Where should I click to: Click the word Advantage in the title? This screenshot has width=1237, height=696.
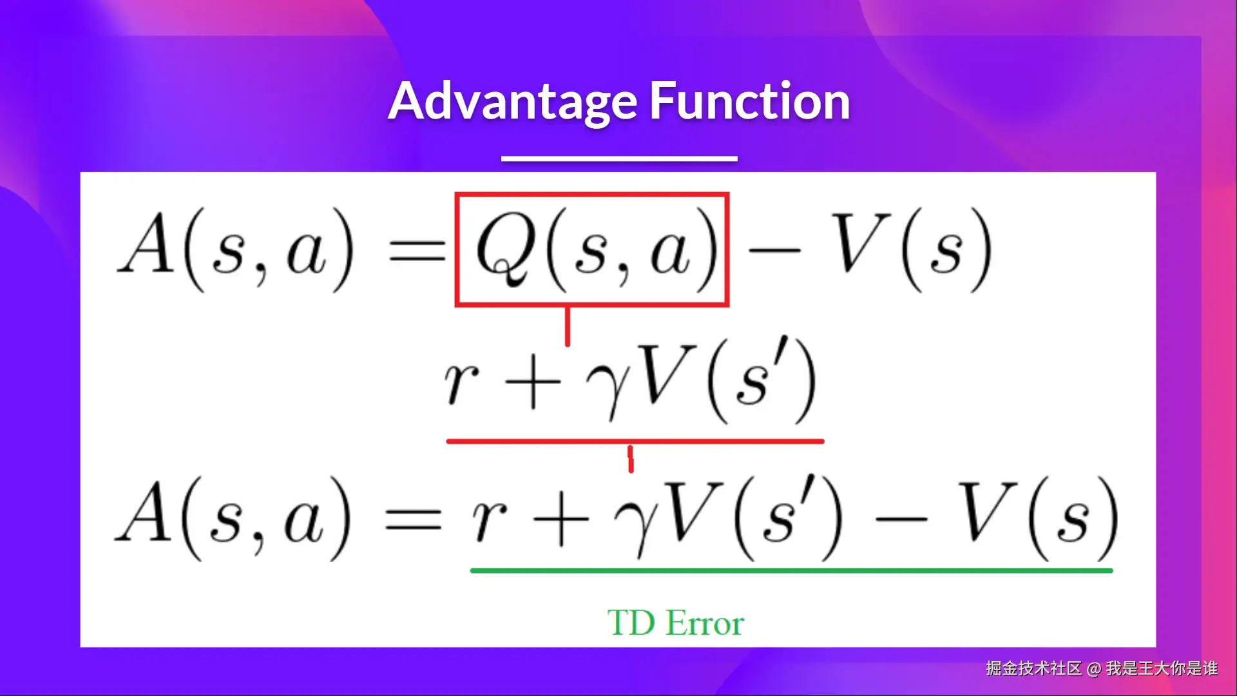click(513, 102)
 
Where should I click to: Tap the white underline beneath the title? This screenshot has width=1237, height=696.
click(619, 158)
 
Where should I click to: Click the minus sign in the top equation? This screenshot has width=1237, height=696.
click(774, 249)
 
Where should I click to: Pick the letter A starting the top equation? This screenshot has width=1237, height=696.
click(147, 242)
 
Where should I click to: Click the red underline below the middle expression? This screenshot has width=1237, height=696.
click(635, 441)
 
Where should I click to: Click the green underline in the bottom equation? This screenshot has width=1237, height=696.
click(792, 570)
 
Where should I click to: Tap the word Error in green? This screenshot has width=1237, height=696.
click(705, 623)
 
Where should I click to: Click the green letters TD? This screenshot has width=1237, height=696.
click(631, 623)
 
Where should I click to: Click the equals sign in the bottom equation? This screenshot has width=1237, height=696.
click(414, 518)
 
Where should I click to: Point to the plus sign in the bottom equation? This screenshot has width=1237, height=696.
click(562, 521)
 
